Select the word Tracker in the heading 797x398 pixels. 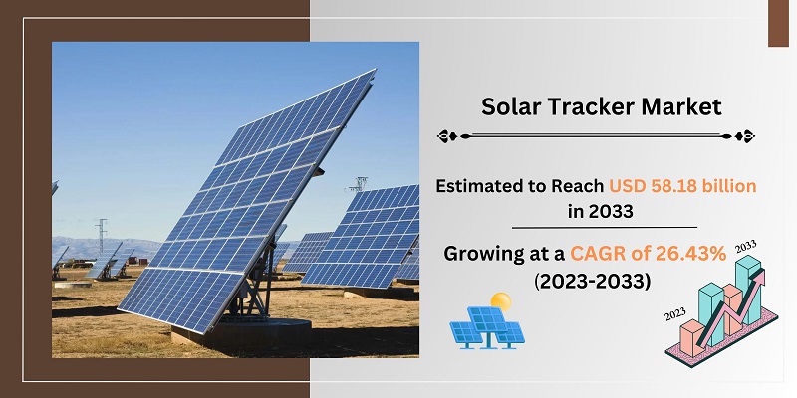tap(599, 105)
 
